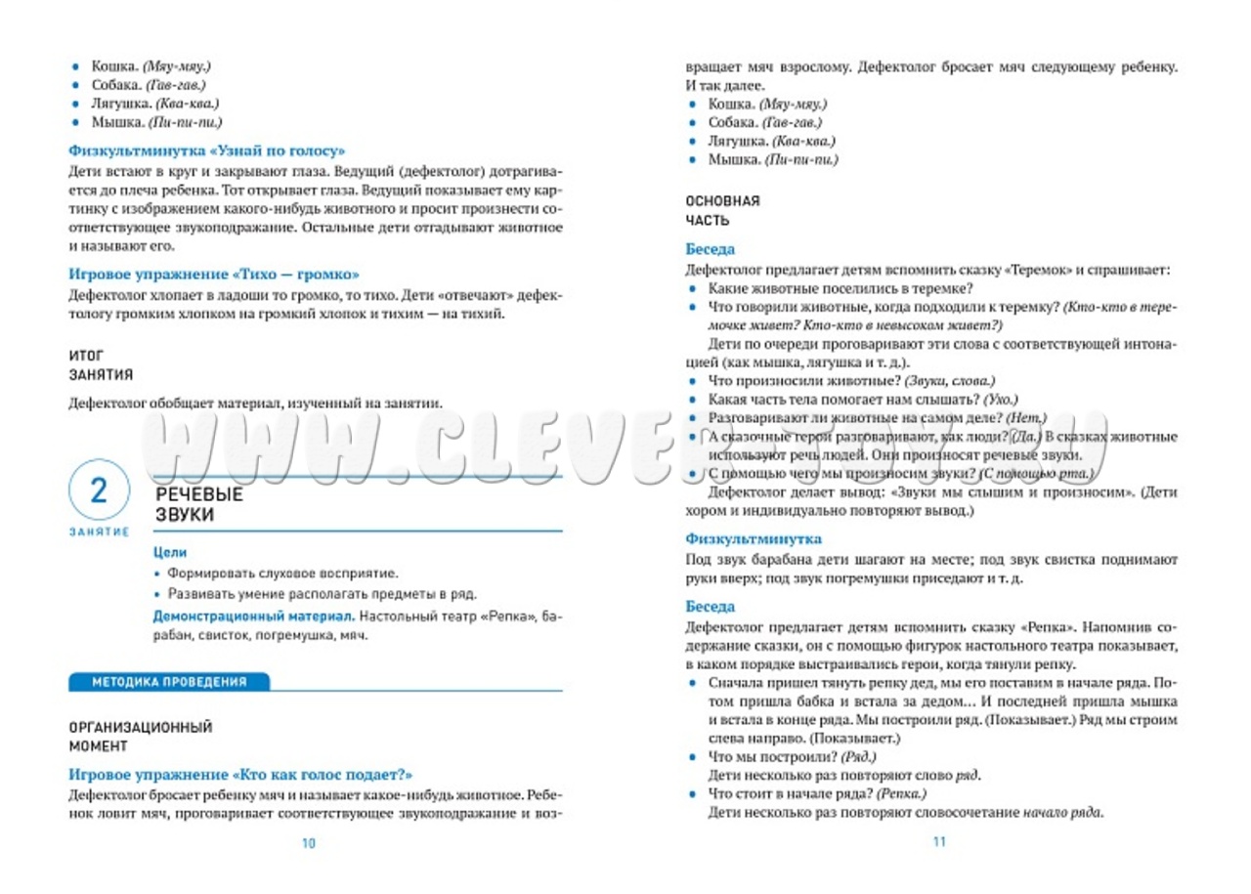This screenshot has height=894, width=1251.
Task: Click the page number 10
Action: (309, 843)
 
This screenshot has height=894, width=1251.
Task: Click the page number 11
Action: (940, 841)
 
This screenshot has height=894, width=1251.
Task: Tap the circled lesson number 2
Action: (99, 491)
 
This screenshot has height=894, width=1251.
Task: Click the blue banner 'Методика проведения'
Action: (168, 682)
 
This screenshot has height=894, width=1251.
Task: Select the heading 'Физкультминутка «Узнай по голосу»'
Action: (207, 151)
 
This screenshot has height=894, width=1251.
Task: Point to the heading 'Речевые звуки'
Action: (199, 504)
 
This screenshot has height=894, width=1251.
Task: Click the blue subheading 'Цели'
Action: (170, 552)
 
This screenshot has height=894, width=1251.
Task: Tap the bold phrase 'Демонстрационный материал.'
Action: (253, 617)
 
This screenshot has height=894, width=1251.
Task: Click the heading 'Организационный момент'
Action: (140, 737)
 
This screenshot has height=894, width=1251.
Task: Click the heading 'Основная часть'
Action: (722, 210)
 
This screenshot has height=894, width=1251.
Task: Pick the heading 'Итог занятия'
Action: (101, 364)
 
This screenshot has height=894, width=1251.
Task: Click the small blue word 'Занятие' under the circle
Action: (99, 532)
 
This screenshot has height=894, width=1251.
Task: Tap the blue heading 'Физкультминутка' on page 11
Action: (753, 539)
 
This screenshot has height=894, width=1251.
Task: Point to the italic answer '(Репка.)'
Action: (901, 793)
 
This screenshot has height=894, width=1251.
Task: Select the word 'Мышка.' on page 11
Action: (734, 159)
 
